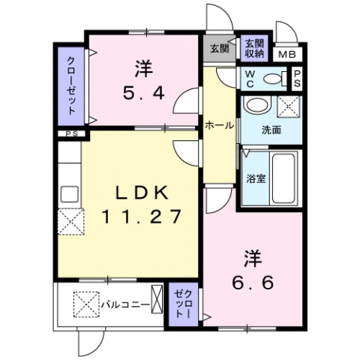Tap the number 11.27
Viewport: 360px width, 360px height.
click(142, 217)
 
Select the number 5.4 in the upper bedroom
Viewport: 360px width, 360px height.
click(143, 94)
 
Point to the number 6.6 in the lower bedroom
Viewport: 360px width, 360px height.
click(251, 283)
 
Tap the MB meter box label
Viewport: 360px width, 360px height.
click(287, 54)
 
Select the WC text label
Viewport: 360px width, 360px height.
click(250, 78)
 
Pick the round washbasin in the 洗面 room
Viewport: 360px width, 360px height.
click(258, 104)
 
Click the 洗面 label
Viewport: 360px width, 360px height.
click(271, 130)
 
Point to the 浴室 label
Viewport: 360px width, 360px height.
click(256, 178)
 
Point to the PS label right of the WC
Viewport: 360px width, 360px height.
click(297, 78)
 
